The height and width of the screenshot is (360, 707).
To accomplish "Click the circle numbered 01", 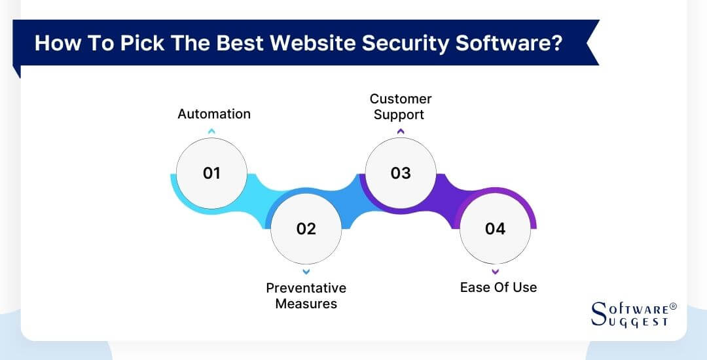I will (x=211, y=173).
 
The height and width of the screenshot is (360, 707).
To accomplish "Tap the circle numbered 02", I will (x=306, y=228).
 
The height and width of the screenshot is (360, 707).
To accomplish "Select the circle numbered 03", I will (x=401, y=173).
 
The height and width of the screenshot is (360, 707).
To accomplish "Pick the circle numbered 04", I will (x=495, y=228).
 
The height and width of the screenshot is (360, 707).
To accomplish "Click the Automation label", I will (x=214, y=114).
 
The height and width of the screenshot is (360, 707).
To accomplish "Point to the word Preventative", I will (x=306, y=288).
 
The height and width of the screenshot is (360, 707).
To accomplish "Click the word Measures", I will (x=306, y=304).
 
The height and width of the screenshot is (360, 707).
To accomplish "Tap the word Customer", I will (x=401, y=99).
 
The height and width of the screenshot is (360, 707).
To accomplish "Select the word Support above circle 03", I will (x=401, y=115).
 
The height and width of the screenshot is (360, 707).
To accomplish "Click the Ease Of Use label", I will (x=498, y=287).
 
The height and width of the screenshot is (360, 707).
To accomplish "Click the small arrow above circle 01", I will (x=211, y=132).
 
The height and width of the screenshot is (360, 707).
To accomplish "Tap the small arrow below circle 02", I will (x=306, y=271).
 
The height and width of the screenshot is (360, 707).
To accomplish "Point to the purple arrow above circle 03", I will (x=401, y=132).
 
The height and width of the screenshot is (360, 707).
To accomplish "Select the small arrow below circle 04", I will (x=495, y=271).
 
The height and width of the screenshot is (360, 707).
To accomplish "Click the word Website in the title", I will (x=319, y=43).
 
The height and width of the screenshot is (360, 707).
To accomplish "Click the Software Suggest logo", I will (x=632, y=314).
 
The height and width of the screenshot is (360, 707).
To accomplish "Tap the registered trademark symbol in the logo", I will (x=673, y=306).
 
